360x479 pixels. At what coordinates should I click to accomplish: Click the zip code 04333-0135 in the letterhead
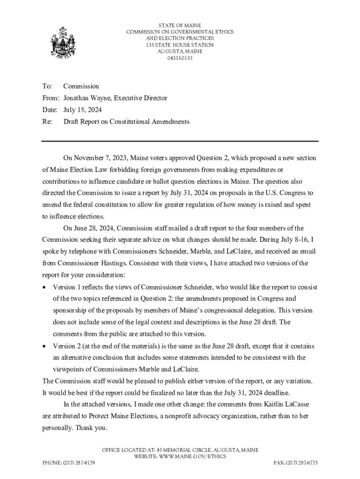(x=180, y=58)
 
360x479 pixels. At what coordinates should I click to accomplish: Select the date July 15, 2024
(x=82, y=110)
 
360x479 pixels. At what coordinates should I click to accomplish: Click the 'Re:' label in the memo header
(x=47, y=122)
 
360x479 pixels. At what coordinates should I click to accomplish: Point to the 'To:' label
(x=47, y=87)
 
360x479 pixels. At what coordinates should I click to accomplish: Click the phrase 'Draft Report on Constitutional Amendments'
(x=126, y=122)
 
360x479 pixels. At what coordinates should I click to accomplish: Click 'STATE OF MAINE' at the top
(x=180, y=25)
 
